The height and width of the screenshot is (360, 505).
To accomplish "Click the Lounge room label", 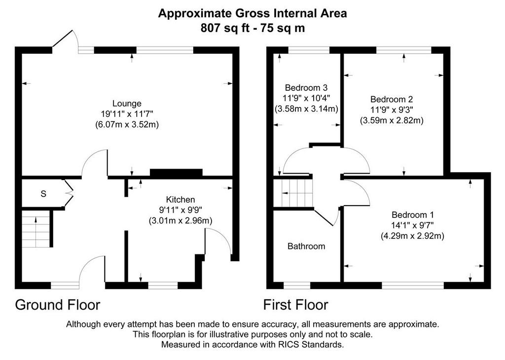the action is tap(127, 104).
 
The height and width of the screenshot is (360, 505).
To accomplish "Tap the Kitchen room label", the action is tap(180, 200).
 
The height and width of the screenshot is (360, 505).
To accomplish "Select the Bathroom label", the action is tap(306, 247).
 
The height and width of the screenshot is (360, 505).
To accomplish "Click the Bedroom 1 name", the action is tap(413, 215).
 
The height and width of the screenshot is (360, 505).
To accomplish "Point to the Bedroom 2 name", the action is tap(391, 99).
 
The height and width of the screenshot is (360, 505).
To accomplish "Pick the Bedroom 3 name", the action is tap(306, 88).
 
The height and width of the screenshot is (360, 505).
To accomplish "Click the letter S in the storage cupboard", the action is tap(43, 194).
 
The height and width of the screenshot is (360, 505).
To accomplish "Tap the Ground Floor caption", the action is tap(58, 305).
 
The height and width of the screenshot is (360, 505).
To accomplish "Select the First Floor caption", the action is tap(296, 305).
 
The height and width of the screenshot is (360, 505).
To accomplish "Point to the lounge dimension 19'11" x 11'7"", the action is tap(127, 113).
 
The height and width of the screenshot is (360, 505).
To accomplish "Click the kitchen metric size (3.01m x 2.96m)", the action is tap(180, 221).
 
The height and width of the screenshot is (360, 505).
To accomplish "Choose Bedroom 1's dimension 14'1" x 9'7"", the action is tap(413, 225).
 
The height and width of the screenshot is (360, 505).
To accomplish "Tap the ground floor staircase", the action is tap(36, 229).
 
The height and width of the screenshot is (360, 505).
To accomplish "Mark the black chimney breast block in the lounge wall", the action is tap(176, 173).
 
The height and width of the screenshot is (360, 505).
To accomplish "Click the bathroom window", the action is tap(297, 286).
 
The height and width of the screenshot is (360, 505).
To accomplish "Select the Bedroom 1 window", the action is tap(413, 286).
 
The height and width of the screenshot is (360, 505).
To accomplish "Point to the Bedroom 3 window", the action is tap(309, 50).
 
